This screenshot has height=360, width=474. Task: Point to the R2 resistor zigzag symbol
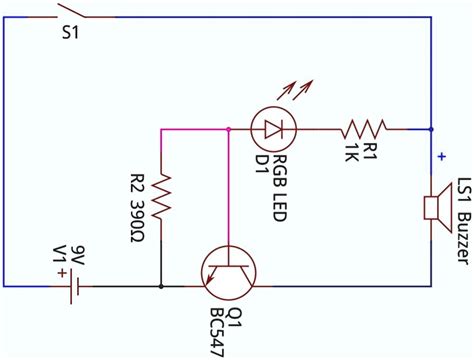click(x=161, y=199)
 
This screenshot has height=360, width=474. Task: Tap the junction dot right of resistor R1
click(x=431, y=128)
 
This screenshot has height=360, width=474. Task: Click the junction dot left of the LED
click(x=229, y=128)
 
